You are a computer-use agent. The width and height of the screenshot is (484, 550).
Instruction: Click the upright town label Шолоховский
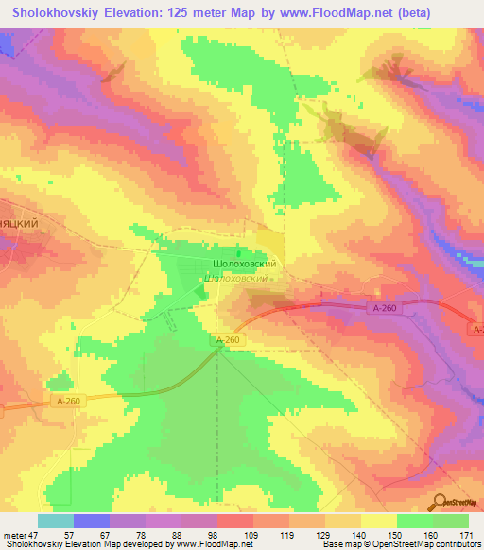pyautogui.click(x=243, y=266)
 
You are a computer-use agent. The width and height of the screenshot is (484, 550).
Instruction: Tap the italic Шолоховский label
pyautogui.click(x=239, y=280)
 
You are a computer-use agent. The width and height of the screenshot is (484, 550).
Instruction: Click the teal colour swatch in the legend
pyautogui.click(x=56, y=521)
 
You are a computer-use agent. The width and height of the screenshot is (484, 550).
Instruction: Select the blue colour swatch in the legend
pyautogui.click(x=92, y=521)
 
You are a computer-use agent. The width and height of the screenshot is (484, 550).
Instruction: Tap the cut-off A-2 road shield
pyautogui.click(x=476, y=328)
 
